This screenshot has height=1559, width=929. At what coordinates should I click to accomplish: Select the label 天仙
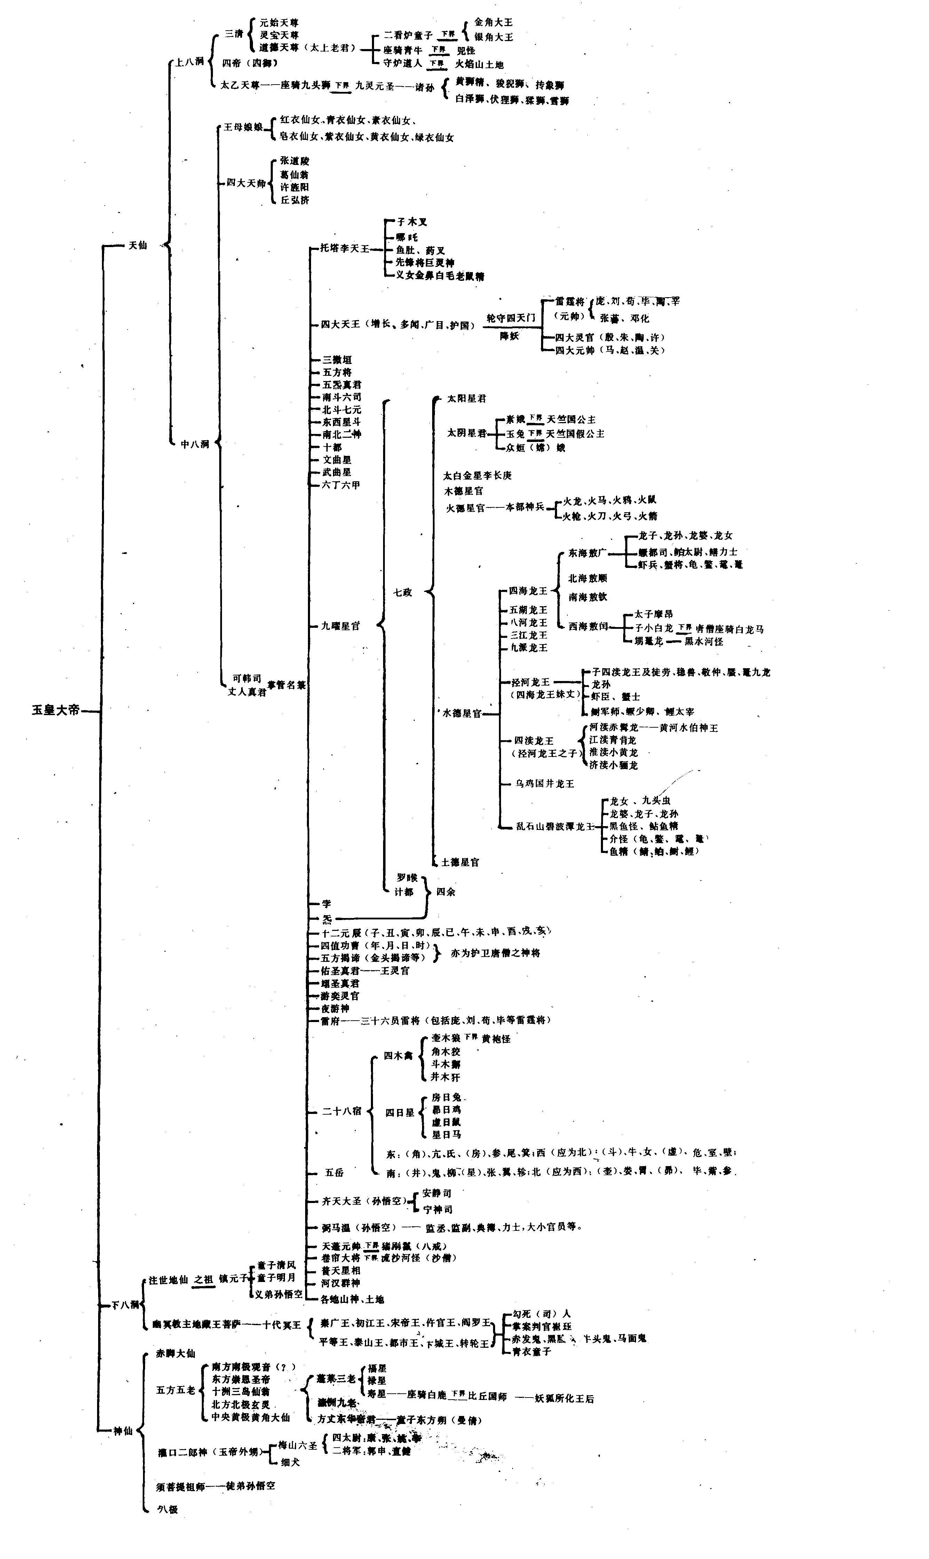click(138, 245)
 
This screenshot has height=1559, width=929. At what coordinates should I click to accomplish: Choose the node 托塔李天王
click(345, 248)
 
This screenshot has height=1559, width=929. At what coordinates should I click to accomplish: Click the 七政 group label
click(403, 592)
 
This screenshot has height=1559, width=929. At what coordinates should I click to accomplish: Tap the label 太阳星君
click(466, 398)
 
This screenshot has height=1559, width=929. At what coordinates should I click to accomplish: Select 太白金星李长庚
click(477, 475)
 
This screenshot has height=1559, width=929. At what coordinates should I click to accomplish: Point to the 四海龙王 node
click(528, 591)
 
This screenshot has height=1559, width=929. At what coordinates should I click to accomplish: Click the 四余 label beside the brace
click(446, 892)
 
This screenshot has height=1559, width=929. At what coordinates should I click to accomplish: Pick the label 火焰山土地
click(479, 64)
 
